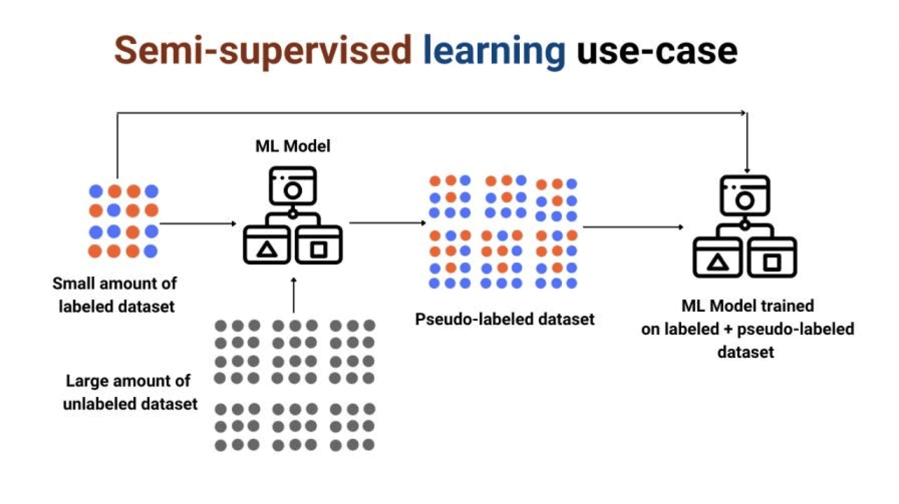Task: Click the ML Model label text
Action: tap(293, 146)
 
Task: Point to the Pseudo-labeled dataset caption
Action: tap(504, 320)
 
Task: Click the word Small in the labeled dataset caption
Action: tap(74, 284)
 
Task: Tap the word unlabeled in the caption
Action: tap(99, 404)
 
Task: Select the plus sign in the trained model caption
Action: tap(728, 329)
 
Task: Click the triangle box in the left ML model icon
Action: tap(266, 246)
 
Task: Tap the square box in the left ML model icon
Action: tap(319, 246)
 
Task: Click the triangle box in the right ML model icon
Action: tap(717, 258)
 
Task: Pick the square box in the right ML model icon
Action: tap(772, 258)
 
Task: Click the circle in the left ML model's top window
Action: tap(293, 190)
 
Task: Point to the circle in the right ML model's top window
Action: tap(744, 201)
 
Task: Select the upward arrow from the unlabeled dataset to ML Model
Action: tap(294, 295)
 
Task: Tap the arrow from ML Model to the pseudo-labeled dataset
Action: tap(387, 223)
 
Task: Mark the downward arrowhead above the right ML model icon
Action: tap(747, 170)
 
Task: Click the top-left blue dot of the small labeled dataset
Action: tap(96, 191)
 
